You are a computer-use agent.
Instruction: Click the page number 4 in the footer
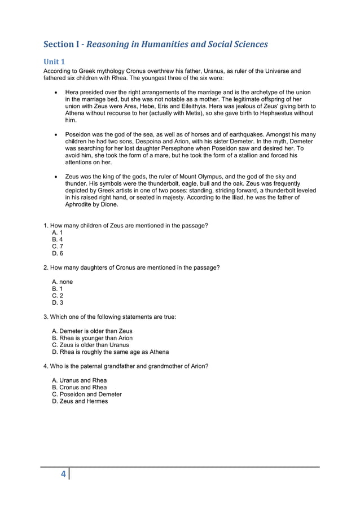coord(64,475)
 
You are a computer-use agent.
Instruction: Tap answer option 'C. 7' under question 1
coord(58,247)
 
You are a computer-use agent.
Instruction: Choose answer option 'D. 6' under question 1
coord(58,253)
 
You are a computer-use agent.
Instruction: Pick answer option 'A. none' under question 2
coord(62,282)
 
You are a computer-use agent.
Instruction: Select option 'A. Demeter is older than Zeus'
coord(92,331)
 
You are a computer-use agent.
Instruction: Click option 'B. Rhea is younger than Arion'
coord(92,338)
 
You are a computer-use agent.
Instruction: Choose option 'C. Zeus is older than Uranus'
coord(90,345)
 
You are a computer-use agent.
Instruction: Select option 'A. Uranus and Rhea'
coord(79,380)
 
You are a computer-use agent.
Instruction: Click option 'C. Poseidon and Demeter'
coord(86,394)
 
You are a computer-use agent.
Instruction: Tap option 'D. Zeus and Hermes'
coord(80,401)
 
